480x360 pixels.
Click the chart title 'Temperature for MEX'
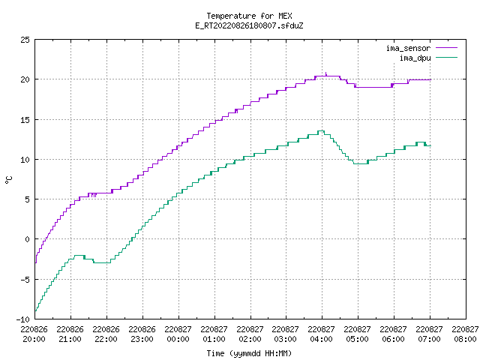(249, 16)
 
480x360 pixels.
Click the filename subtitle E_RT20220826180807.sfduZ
(249, 25)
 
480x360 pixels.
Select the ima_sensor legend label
(408, 48)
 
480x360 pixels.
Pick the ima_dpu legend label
(415, 58)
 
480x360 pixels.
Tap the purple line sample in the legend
(447, 48)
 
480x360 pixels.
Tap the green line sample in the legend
(447, 57)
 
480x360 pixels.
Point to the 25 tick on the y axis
(25, 40)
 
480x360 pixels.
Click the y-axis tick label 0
(27, 239)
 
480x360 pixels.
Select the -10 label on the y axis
(23, 319)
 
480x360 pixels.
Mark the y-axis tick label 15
(25, 120)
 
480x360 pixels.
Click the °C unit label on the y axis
(8, 180)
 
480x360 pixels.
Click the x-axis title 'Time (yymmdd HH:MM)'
(249, 353)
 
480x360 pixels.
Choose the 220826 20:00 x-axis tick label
(34, 334)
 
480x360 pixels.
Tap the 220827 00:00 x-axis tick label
(178, 334)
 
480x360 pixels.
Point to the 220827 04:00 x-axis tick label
(322, 334)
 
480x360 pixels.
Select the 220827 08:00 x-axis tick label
(465, 334)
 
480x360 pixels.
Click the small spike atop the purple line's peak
(326, 73)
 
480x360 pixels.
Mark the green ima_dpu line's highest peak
(321, 131)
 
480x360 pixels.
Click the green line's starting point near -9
(35, 311)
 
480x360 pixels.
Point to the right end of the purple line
(430, 79)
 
